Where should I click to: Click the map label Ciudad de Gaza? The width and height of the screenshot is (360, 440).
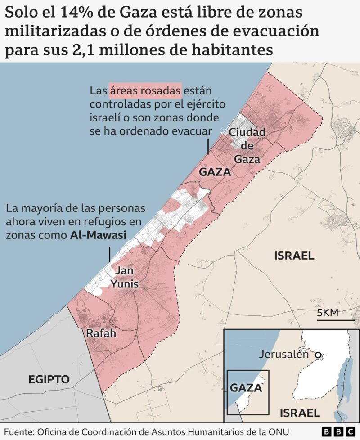coord(247,146)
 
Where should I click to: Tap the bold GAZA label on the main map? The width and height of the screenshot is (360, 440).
coord(215,172)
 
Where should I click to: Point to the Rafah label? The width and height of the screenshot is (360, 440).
coord(101,333)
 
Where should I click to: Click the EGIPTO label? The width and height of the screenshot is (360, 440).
coord(49,379)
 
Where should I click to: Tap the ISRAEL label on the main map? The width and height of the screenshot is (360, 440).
coord(294,256)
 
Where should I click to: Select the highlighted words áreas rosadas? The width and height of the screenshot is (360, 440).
coord(145,90)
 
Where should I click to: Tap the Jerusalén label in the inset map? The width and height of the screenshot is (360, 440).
coord(284,354)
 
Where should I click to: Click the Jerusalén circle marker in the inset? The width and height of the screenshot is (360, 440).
coord(318,355)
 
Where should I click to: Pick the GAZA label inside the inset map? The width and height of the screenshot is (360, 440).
coord(246,387)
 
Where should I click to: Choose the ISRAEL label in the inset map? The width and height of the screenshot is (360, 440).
coord(299,413)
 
